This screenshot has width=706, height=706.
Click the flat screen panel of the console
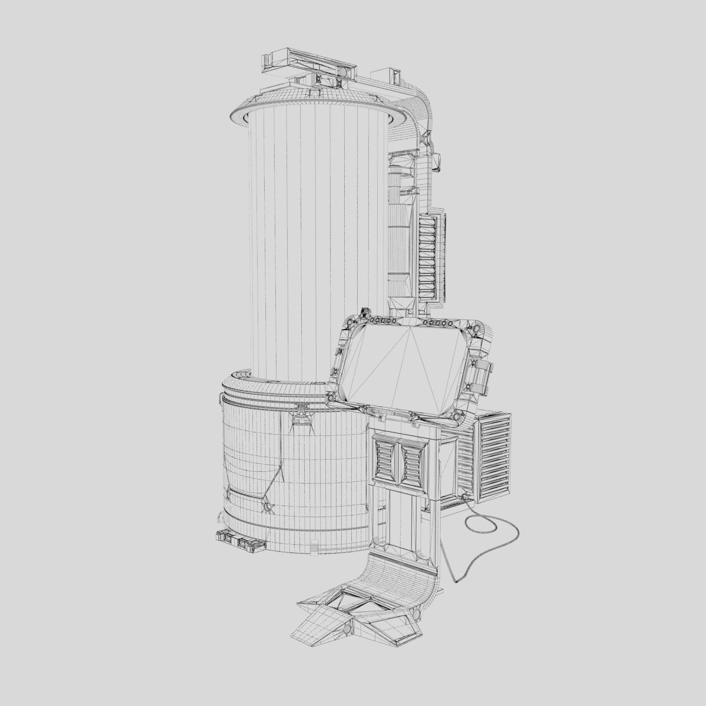point(406,368)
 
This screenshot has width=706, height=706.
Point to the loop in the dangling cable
point(491,532)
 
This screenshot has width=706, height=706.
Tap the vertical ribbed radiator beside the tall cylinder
point(428,256)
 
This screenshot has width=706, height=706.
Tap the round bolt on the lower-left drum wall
point(268,506)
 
